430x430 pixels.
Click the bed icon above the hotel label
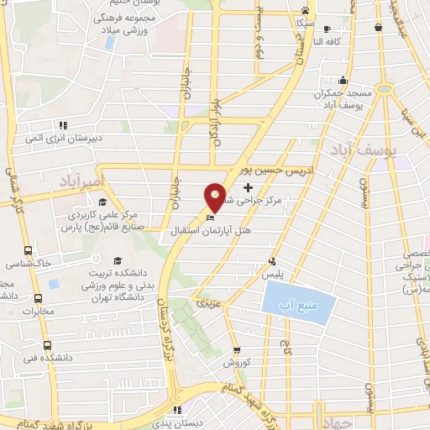pos(210,218)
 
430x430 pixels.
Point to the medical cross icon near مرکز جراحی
pos(248,186)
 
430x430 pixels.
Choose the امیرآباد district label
pos(85,181)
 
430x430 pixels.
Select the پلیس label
pos(270,274)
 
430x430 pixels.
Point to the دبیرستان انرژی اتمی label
pos(73,134)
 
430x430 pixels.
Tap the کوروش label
pos(238,363)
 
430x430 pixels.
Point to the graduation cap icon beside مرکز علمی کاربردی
pos(102,202)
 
